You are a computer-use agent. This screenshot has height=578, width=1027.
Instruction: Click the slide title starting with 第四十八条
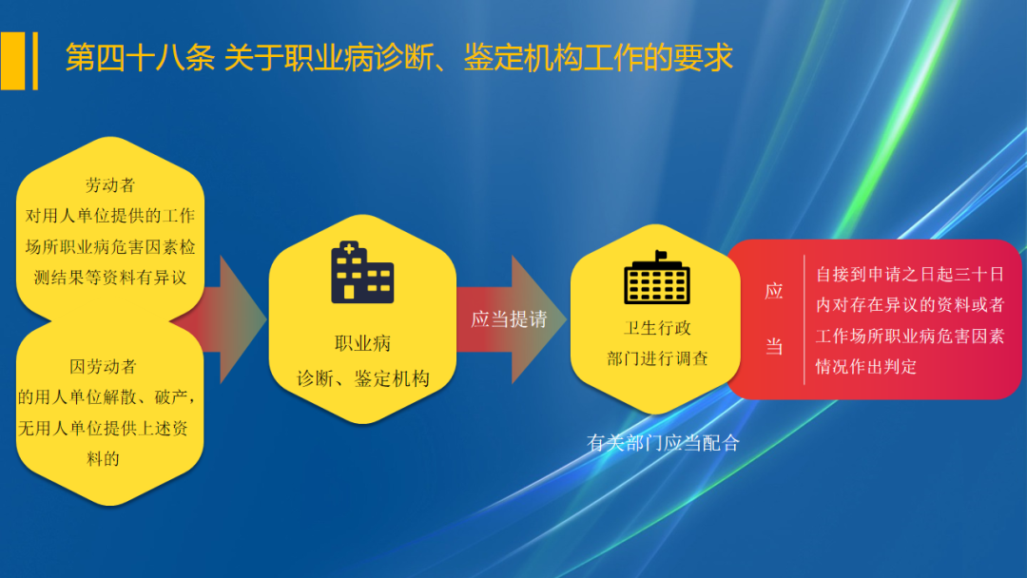point(398,58)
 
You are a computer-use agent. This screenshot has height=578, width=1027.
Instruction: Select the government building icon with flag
point(657,277)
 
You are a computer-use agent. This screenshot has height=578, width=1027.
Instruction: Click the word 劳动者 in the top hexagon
point(110,184)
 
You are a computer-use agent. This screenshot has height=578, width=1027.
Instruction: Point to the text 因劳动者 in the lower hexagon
point(103,366)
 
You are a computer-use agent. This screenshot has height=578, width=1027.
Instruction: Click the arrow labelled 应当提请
point(510,319)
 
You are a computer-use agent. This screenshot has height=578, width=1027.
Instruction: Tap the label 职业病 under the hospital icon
point(362,343)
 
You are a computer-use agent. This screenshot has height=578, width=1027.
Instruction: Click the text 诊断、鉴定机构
point(362,378)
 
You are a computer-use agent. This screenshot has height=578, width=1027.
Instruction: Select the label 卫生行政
point(657,328)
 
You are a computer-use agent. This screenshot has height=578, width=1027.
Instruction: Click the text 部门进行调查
point(657,358)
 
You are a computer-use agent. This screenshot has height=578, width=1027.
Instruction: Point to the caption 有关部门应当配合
point(663,443)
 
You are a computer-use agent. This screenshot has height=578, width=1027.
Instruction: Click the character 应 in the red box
point(774,291)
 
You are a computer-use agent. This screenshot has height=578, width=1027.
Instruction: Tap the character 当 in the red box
point(774,347)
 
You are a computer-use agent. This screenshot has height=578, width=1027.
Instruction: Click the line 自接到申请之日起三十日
point(910,275)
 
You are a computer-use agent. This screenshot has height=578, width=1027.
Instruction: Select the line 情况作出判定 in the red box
point(866,366)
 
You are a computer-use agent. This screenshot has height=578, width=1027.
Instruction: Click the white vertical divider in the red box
point(804,319)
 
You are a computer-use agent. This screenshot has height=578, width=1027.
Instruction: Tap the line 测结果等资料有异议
point(110,277)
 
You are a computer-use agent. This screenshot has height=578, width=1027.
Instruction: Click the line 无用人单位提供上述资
point(103,428)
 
